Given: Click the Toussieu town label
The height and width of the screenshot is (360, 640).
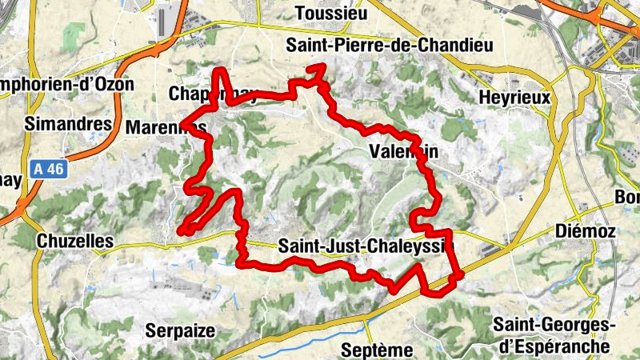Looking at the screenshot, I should tap(330, 13).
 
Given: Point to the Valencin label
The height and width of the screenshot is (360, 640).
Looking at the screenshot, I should tap(406, 151).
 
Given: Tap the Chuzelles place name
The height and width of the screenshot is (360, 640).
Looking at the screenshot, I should tap(75, 241).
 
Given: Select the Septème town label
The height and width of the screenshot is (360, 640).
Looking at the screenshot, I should tap(376, 350).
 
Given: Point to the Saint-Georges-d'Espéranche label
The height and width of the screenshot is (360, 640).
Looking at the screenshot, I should tap(552, 335).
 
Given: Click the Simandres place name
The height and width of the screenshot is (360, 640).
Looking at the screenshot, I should tap(68, 124).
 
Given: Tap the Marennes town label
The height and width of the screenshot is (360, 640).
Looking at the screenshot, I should tap(166, 127).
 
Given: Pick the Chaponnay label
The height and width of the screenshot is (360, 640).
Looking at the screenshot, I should tap(213, 94).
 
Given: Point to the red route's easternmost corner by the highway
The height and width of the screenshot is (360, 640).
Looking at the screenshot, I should tap(461, 276).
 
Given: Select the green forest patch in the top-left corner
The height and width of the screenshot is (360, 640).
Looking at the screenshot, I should tap(74, 36).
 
